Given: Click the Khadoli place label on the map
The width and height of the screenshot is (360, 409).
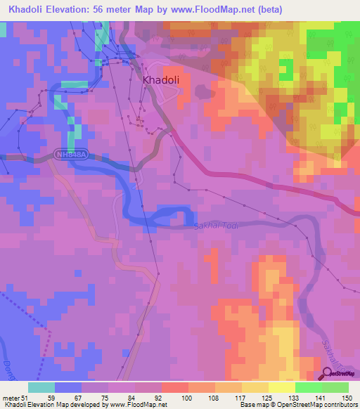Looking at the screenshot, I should [161, 80].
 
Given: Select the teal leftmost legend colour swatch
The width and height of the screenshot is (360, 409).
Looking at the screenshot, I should [41, 387].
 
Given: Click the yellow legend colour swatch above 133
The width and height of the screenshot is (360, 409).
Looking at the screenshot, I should [282, 387].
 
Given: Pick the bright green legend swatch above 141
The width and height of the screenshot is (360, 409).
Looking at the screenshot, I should [309, 387].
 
